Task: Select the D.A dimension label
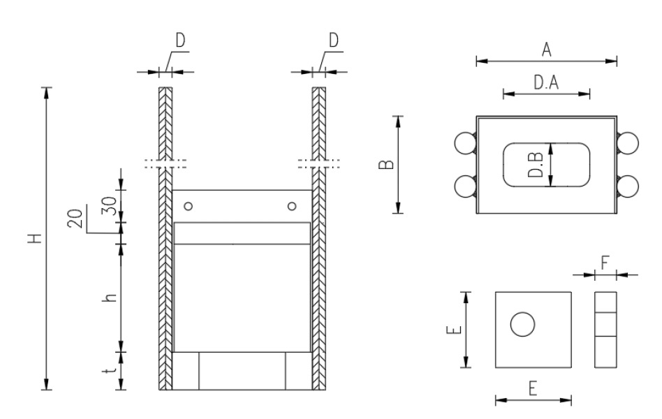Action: coord(546,83)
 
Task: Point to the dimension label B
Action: coord(388,165)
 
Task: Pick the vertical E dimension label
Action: coord(454,328)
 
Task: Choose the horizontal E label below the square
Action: coord(533,390)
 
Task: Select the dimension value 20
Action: coord(77,219)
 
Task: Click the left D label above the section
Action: coord(180,41)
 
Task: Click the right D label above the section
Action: coord(334,41)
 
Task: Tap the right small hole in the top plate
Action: coord(291,205)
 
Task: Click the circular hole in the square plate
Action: coord(522,325)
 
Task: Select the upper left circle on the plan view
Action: coord(464,144)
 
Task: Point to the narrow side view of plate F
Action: coord(605,329)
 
